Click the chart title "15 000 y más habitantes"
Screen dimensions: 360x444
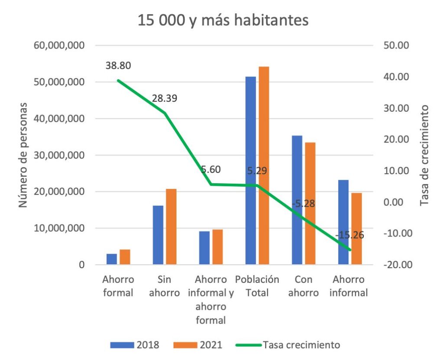223,20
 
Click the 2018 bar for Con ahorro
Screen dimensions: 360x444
297,200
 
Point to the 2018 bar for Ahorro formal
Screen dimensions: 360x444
112,259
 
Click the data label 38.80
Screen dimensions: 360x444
118,66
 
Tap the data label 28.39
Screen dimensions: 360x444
165,98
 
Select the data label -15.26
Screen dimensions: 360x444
349,235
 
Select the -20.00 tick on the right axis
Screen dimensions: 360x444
395,265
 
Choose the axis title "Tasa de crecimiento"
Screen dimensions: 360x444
424,155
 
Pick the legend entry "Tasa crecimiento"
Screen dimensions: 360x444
288,345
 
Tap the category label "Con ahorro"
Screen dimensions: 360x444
303,286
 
